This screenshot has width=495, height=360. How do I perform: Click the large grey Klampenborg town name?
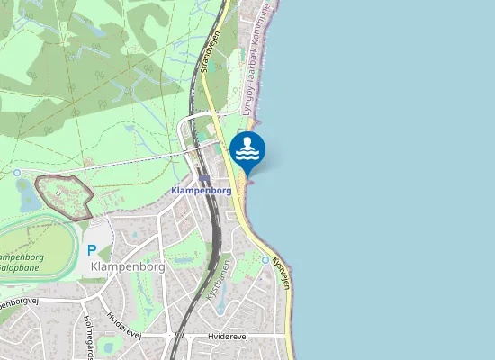coord(128,267)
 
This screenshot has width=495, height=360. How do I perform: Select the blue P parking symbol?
coord(91,250)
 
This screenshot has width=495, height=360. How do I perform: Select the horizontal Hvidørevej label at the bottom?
coord(226,336)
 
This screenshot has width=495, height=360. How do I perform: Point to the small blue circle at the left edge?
coord(16,171)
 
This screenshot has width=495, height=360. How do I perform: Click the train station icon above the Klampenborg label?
coord(205,179)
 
